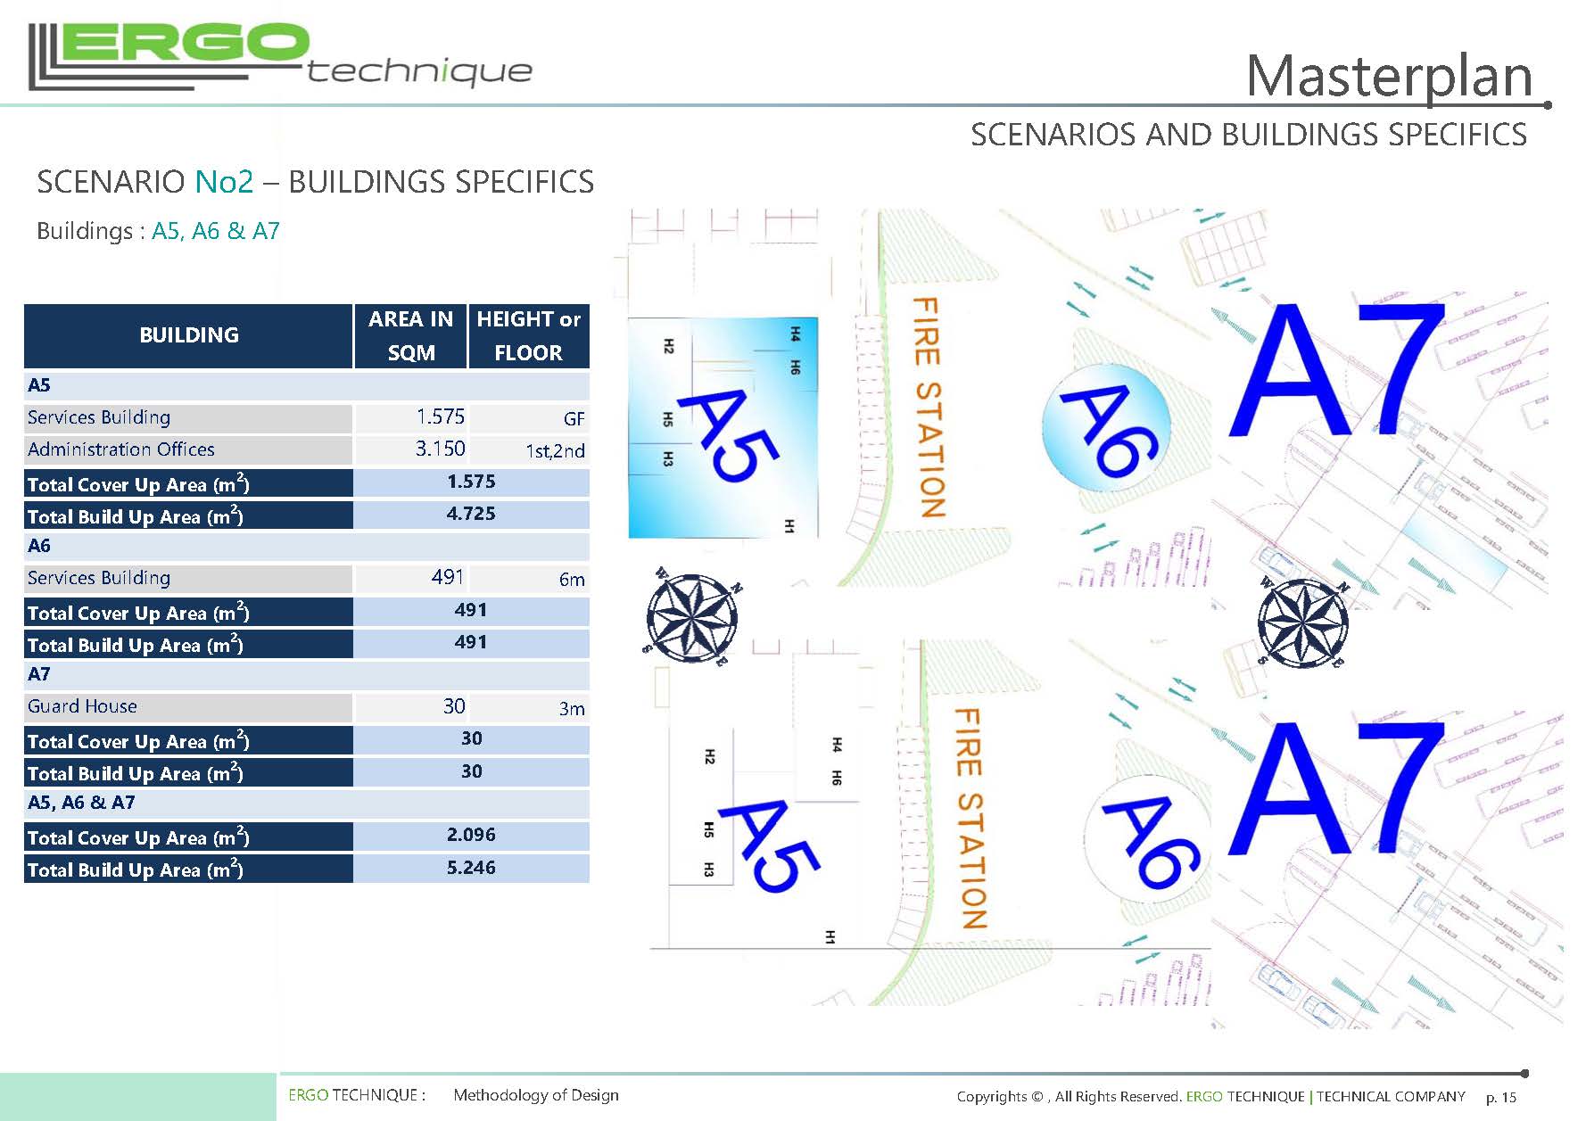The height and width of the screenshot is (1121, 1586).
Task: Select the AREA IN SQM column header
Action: pyautogui.click(x=410, y=335)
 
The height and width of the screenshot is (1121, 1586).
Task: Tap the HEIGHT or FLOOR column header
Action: pyautogui.click(x=528, y=335)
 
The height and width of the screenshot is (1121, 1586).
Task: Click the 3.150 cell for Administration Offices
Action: pyautogui.click(x=440, y=449)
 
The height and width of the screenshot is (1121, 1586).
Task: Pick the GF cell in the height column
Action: pyautogui.click(x=574, y=418)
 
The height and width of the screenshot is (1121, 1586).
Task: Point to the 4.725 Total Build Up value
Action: pyautogui.click(x=471, y=514)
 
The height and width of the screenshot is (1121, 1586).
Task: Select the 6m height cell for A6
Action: pyautogui.click(x=572, y=580)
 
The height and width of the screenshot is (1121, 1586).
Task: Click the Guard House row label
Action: pyautogui.click(x=82, y=706)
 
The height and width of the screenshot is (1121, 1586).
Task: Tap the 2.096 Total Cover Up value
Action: pyautogui.click(x=471, y=835)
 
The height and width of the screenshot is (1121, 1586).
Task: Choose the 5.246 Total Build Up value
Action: pyautogui.click(x=471, y=868)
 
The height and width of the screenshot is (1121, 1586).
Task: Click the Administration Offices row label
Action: pyautogui.click(x=120, y=449)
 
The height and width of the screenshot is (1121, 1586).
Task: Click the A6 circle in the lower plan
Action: pyautogui.click(x=1147, y=839)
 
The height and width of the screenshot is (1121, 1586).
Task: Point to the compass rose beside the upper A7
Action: pyautogui.click(x=1303, y=623)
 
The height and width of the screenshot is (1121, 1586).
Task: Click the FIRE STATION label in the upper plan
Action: pyautogui.click(x=928, y=408)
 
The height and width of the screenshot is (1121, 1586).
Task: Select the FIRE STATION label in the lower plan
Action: pyautogui.click(x=971, y=819)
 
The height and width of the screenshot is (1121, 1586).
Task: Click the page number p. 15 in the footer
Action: pyautogui.click(x=1500, y=1097)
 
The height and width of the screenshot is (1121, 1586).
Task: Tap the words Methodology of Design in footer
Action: pyautogui.click(x=535, y=1095)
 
